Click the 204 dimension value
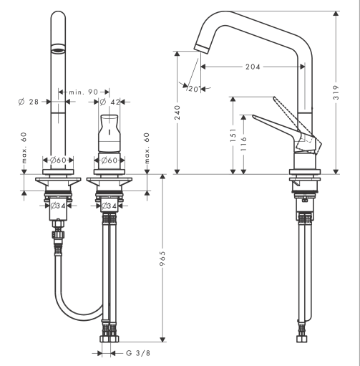click(x=253, y=67)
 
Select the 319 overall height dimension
click(x=336, y=92)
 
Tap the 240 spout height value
click(x=177, y=112)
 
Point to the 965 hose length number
click(x=162, y=258)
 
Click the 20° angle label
click(x=193, y=89)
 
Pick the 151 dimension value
click(x=233, y=135)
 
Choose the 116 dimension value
click(x=243, y=144)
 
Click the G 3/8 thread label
click(x=138, y=353)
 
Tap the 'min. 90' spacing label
click(x=83, y=92)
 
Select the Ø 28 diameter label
click(x=29, y=102)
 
